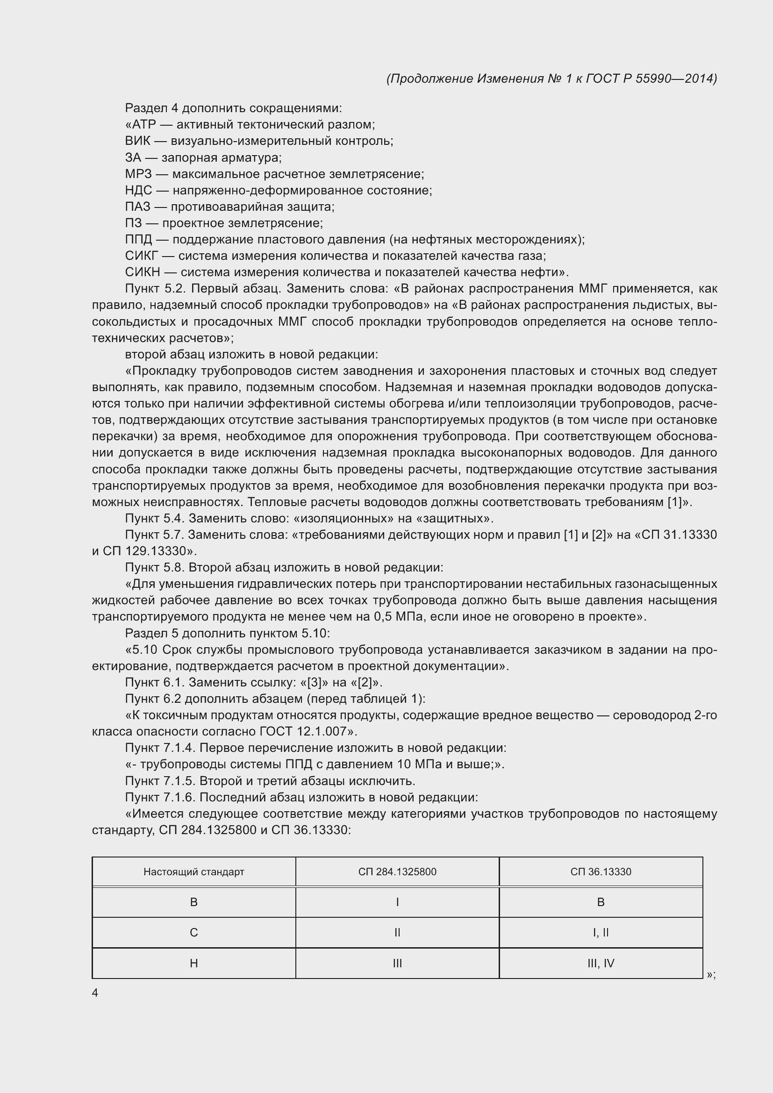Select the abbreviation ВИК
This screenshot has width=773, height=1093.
137,141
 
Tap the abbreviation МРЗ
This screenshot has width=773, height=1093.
138,174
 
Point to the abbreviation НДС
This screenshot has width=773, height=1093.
138,190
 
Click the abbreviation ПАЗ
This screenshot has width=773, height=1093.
137,207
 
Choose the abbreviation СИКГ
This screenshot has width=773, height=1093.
141,256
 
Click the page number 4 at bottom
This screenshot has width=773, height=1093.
95,993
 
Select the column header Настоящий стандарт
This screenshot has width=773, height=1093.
194,872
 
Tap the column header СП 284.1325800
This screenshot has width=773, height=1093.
397,872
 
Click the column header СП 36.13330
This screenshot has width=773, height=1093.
601,872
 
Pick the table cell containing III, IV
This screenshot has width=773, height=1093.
601,963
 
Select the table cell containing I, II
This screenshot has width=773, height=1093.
601,933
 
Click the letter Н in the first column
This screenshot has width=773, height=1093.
194,963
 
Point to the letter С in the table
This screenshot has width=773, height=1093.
194,933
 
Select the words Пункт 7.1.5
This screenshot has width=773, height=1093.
160,781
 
